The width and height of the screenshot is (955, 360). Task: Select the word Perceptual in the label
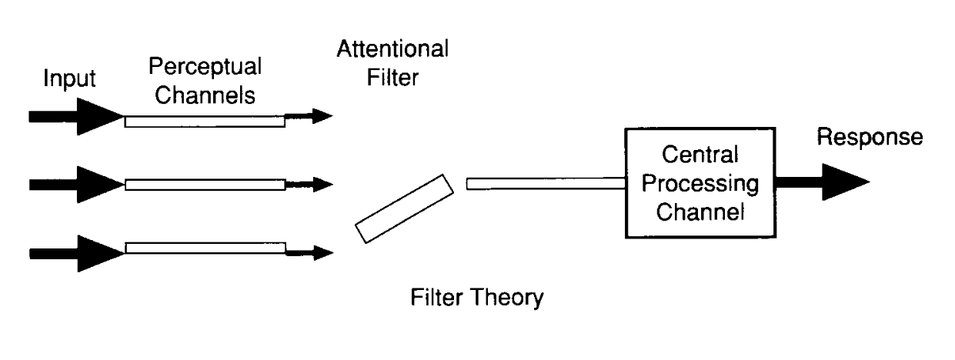[205, 66]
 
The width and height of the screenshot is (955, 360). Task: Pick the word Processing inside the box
[699, 186]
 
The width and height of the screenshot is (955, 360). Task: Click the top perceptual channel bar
[204, 120]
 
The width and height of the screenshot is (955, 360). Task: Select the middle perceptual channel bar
[204, 185]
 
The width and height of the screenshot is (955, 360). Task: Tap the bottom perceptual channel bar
[204, 248]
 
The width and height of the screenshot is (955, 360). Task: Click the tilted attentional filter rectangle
[404, 209]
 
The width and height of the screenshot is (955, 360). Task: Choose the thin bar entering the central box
[544, 183]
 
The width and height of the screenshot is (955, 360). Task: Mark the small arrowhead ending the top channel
[322, 116]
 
